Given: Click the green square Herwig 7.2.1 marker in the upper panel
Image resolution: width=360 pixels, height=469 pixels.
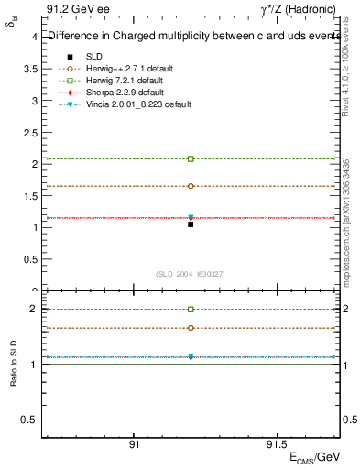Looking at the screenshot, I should click(191, 158).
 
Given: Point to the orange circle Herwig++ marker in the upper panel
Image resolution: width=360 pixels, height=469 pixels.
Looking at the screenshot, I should click(191, 186).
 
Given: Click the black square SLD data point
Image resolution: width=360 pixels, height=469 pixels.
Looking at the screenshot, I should click(191, 224).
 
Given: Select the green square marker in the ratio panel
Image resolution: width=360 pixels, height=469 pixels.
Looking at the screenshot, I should click(191, 310).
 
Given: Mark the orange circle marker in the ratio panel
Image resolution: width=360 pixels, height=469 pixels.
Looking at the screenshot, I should click(191, 327).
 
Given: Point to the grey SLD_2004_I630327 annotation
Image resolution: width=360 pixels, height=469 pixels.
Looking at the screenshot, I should click(191, 273).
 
